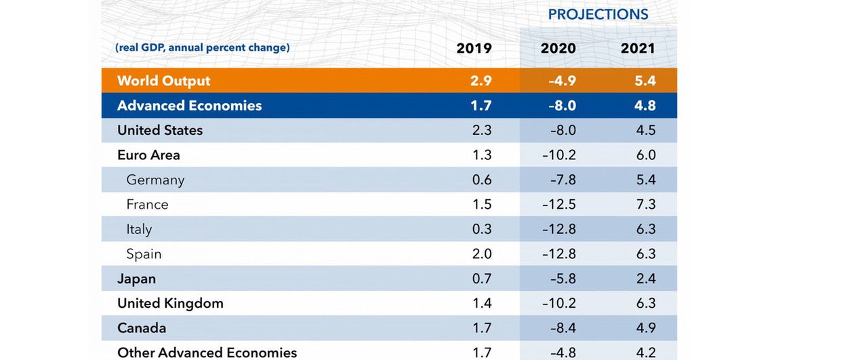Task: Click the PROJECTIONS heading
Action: (x=598, y=14)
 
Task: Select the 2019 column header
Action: (x=474, y=48)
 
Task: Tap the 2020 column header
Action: (x=558, y=48)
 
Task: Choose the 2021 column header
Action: (x=638, y=48)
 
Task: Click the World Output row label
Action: (x=163, y=81)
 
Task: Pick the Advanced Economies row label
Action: (x=189, y=106)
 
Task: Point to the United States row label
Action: (x=160, y=130)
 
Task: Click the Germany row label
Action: (x=155, y=180)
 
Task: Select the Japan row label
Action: (x=136, y=279)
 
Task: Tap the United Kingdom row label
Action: (x=170, y=303)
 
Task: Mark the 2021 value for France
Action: (x=646, y=204)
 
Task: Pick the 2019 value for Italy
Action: (x=482, y=229)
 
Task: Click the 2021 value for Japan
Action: (x=646, y=279)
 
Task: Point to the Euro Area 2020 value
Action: (x=559, y=155)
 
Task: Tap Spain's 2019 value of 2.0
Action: (x=482, y=254)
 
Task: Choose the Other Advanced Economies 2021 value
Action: (x=646, y=353)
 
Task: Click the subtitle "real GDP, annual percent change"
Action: (x=203, y=47)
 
